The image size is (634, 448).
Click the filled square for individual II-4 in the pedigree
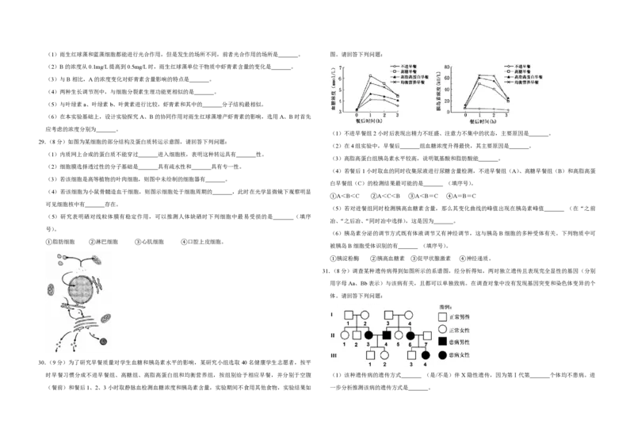coord(386,336)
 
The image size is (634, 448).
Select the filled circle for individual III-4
coord(426,355)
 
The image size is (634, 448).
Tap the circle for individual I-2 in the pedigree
coord(365,315)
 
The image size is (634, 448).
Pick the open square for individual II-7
coord(426,336)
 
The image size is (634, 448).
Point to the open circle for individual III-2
coord(384,355)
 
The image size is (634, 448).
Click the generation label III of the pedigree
coord(333,355)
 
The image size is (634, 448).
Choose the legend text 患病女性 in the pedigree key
coord(461,354)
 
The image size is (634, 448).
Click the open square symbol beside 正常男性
coord(442,316)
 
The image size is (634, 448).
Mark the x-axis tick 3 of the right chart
coord(506,116)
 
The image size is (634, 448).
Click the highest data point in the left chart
coord(371,76)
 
